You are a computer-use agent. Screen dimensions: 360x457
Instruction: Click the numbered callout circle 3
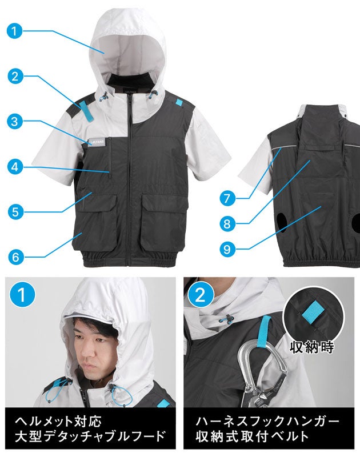tap(15, 121)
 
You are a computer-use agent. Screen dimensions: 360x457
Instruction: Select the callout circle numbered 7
tap(227, 198)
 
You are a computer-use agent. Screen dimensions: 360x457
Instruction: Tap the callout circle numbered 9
tap(227, 249)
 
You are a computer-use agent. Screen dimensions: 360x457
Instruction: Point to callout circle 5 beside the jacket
tap(15, 212)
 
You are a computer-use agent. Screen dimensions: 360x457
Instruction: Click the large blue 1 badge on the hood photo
tap(22, 294)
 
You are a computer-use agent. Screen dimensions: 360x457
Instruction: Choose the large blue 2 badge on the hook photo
tap(200, 295)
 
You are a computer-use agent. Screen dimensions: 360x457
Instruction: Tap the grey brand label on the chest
tap(98, 141)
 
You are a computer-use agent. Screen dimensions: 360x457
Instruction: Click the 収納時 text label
tap(312, 347)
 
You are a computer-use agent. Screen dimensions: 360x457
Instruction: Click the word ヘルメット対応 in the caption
tap(58, 421)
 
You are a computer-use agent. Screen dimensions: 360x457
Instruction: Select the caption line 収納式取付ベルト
tap(252, 436)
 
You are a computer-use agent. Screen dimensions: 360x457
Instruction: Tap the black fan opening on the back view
tap(282, 222)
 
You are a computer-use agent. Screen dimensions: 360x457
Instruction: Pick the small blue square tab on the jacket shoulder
tap(178, 102)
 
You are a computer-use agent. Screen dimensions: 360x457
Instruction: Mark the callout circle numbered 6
tap(15, 257)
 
